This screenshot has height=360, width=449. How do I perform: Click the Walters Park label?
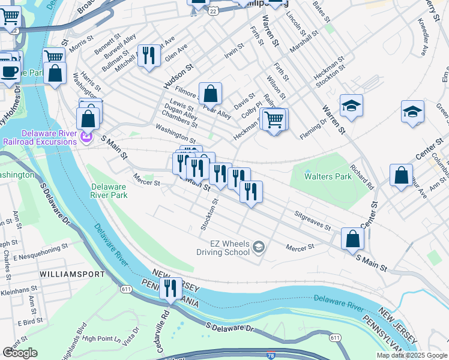coord(328,177)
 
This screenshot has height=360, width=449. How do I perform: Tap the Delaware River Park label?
coord(109,191)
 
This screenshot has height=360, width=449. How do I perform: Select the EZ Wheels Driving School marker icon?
coord(258,247)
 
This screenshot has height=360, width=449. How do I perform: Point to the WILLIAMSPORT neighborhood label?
coord(71,274)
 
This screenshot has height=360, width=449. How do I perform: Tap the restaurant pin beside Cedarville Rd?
coord(171,289)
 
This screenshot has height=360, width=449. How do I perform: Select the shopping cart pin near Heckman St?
coord(274,119)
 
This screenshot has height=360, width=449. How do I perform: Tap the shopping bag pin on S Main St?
coord(352,238)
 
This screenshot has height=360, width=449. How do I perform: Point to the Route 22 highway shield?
coord(213,10)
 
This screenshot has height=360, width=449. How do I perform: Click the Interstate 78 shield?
coord(271,355)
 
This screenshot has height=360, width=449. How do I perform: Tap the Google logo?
coord(20,353)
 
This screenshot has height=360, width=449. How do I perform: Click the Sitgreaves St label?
coord(312,220)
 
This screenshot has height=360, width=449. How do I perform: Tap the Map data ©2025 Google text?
coord(412,355)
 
